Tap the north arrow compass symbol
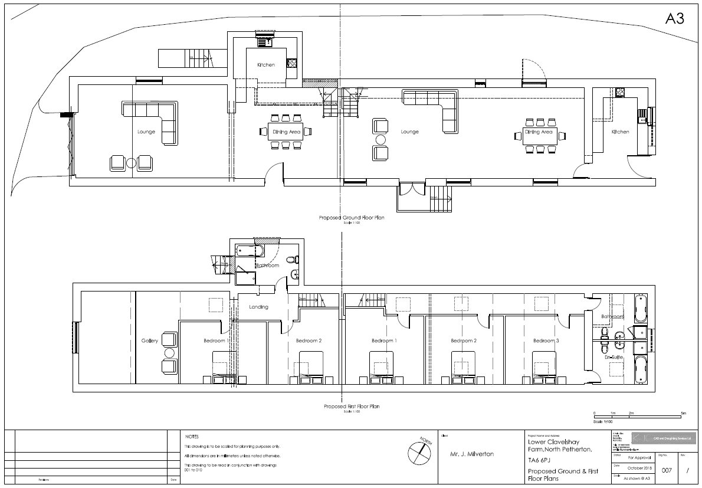tap(419, 452)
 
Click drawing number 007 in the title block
tap(667, 470)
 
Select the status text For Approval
tap(639, 457)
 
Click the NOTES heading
tap(192, 437)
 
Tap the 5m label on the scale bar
tap(683, 413)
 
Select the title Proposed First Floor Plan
tap(352, 407)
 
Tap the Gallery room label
tap(147, 341)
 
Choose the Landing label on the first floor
tap(258, 307)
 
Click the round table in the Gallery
tap(169, 353)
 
